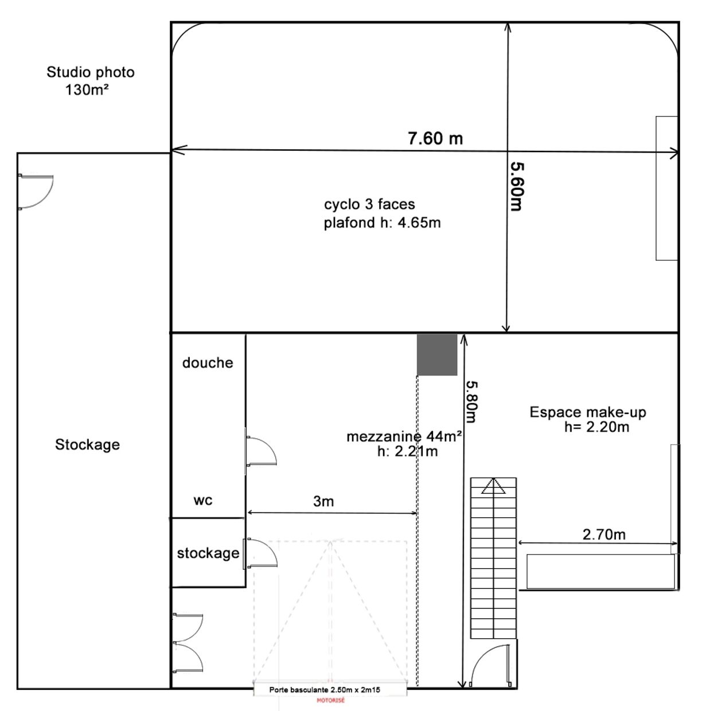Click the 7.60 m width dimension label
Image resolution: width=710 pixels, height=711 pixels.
[x=435, y=138]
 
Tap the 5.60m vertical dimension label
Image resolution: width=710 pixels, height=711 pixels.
[x=517, y=186]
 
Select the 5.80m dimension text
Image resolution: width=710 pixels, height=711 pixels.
[x=472, y=401]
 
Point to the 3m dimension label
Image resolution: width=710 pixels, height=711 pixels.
[x=323, y=501]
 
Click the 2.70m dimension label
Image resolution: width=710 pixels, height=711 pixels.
[x=604, y=534]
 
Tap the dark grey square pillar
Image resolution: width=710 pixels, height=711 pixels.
[x=437, y=354]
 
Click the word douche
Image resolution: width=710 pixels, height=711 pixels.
[x=208, y=363]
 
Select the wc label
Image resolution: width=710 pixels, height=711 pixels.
[x=202, y=501]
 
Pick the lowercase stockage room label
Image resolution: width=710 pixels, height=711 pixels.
[x=208, y=553]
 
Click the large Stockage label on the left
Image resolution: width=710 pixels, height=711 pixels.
[x=88, y=444]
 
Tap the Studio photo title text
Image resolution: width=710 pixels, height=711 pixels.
[x=91, y=72]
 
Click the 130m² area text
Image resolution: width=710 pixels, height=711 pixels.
[x=87, y=89]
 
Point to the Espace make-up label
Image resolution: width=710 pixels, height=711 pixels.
[x=588, y=412]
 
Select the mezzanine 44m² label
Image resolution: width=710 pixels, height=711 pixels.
[x=404, y=436]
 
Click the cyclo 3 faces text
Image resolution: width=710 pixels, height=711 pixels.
[x=369, y=204]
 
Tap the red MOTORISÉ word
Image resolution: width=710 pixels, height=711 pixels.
[x=331, y=700]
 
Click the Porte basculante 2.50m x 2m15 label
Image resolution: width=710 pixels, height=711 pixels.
[x=325, y=690]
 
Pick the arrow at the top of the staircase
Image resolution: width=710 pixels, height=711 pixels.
[x=493, y=486]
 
